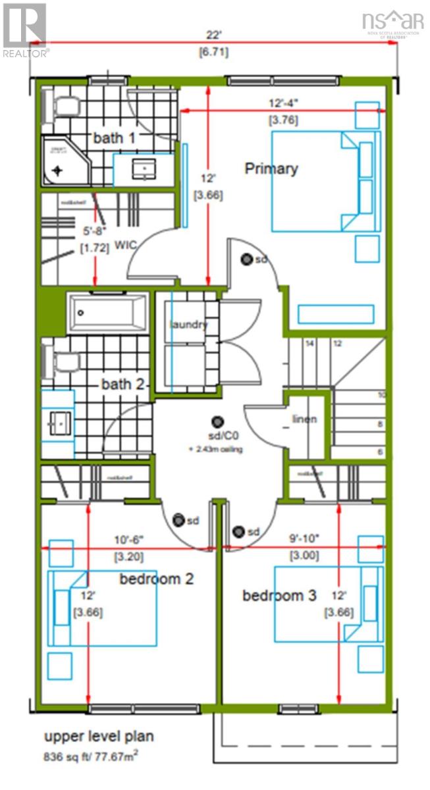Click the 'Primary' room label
point(271,169)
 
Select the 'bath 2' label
point(122,384)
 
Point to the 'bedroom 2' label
point(156,579)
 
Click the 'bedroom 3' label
point(279,596)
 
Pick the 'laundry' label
point(188,325)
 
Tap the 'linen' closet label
point(305,419)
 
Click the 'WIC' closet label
point(126,245)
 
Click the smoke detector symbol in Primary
point(248,259)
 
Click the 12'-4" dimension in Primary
point(282,103)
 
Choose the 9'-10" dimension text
point(304,538)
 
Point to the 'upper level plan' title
point(99,736)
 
